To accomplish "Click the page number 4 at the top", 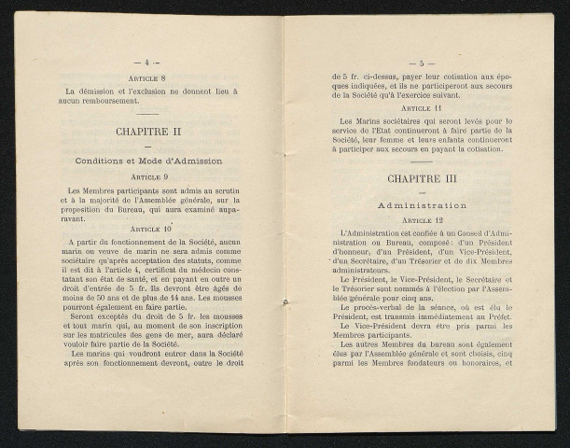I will coord(147,63).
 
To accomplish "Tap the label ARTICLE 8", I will coord(147,78).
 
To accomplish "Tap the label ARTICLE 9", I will coord(147,176).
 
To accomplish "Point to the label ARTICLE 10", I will coord(147,228).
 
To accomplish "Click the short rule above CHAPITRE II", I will coord(147,115).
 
